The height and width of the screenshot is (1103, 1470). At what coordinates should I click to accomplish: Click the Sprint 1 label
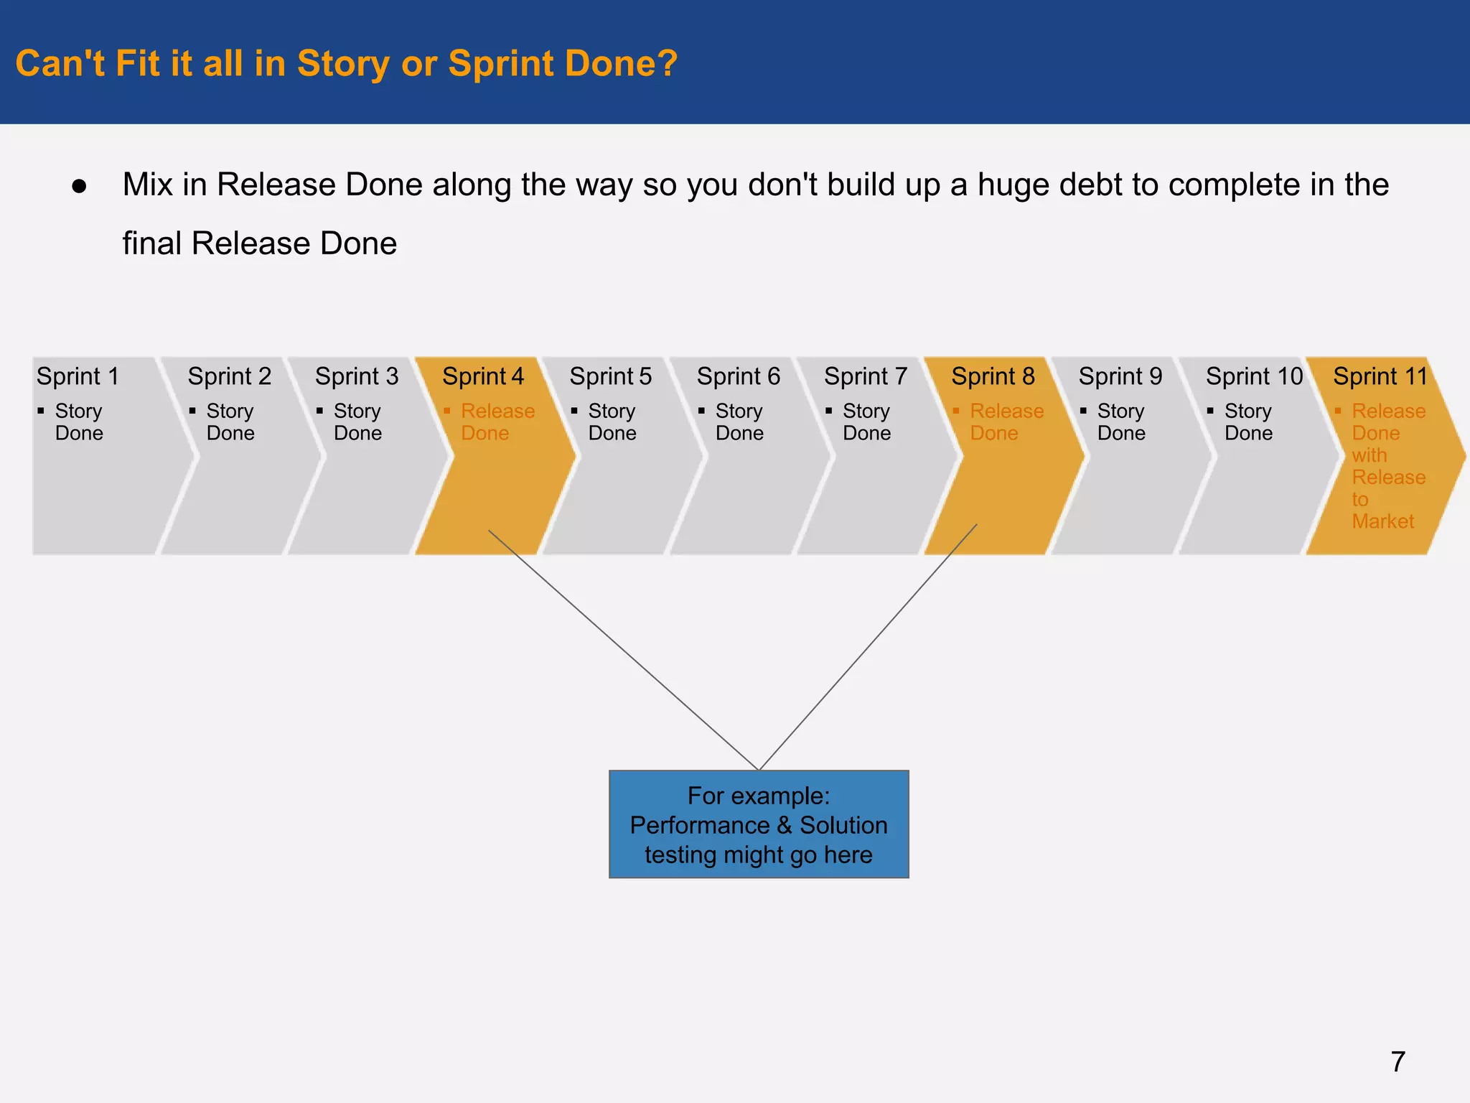pyautogui.click(x=78, y=376)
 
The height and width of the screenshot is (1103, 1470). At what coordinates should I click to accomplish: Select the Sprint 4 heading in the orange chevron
pyautogui.click(x=482, y=376)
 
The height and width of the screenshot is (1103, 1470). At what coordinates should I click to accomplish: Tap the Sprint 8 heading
pyautogui.click(x=993, y=376)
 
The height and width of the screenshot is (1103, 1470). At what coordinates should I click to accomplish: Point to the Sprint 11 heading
pyautogui.click(x=1380, y=376)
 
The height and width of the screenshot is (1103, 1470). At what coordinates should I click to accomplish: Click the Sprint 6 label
pyautogui.click(x=738, y=376)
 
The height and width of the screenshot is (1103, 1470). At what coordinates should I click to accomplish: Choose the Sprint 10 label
pyautogui.click(x=1253, y=376)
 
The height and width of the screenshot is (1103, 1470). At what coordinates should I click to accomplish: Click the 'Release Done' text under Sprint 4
pyautogui.click(x=497, y=422)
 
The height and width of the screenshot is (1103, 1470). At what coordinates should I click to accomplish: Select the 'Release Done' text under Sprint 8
pyautogui.click(x=1006, y=422)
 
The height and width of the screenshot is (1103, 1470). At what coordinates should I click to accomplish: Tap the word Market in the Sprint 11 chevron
pyautogui.click(x=1382, y=521)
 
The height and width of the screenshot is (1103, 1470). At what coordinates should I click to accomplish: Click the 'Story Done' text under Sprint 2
pyautogui.click(x=230, y=422)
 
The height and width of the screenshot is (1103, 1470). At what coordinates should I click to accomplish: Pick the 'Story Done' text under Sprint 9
pyautogui.click(x=1120, y=422)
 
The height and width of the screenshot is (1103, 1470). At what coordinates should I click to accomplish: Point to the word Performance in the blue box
pyautogui.click(x=699, y=825)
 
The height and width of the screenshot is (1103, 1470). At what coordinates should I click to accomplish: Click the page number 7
pyautogui.click(x=1398, y=1061)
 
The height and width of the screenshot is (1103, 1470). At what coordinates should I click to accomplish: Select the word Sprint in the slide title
pyautogui.click(x=498, y=63)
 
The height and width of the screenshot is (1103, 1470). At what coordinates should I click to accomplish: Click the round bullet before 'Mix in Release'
pyautogui.click(x=79, y=187)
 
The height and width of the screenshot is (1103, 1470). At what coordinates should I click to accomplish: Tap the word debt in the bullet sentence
pyautogui.click(x=1090, y=185)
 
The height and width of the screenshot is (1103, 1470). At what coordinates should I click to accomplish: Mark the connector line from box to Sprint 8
pyautogui.click(x=869, y=646)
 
